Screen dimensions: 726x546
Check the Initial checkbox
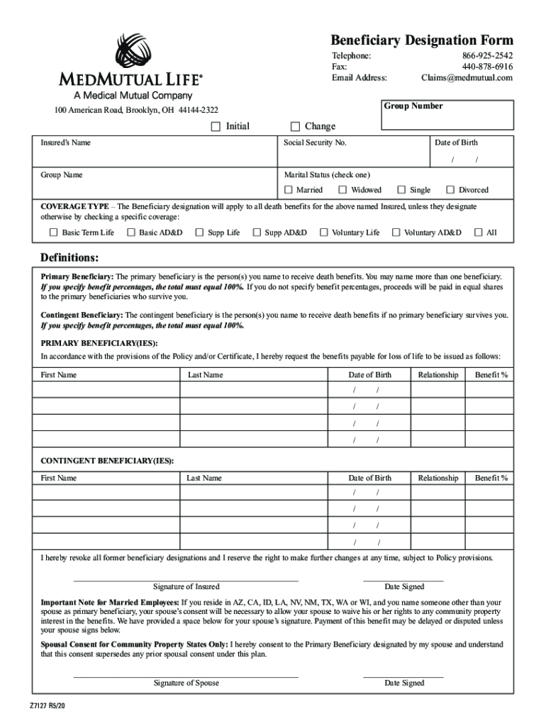click(216, 126)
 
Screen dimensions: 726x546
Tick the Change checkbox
click(296, 126)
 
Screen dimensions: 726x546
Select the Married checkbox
click(289, 190)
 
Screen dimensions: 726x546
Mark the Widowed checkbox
click(343, 190)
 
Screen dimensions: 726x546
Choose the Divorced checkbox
click(450, 190)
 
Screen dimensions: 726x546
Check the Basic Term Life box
click(53, 233)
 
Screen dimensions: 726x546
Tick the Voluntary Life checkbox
click(324, 233)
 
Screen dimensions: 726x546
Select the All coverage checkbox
click(478, 233)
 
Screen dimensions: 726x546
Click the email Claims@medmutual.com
click(466, 78)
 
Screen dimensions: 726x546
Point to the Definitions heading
click(69, 256)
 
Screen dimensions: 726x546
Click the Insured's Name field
click(156, 157)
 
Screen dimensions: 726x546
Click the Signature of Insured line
click(186, 579)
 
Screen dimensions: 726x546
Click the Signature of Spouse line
click(186, 676)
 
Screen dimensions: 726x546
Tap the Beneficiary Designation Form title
click(422, 40)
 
